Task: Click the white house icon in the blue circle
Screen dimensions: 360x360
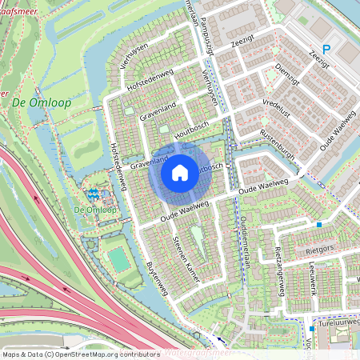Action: tap(180, 172)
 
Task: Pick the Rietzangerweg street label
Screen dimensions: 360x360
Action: tap(280, 270)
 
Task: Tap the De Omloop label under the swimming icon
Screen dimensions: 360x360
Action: tap(95, 210)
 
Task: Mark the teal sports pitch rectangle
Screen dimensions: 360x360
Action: tap(118, 259)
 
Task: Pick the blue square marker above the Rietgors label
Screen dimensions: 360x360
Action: tap(319, 225)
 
